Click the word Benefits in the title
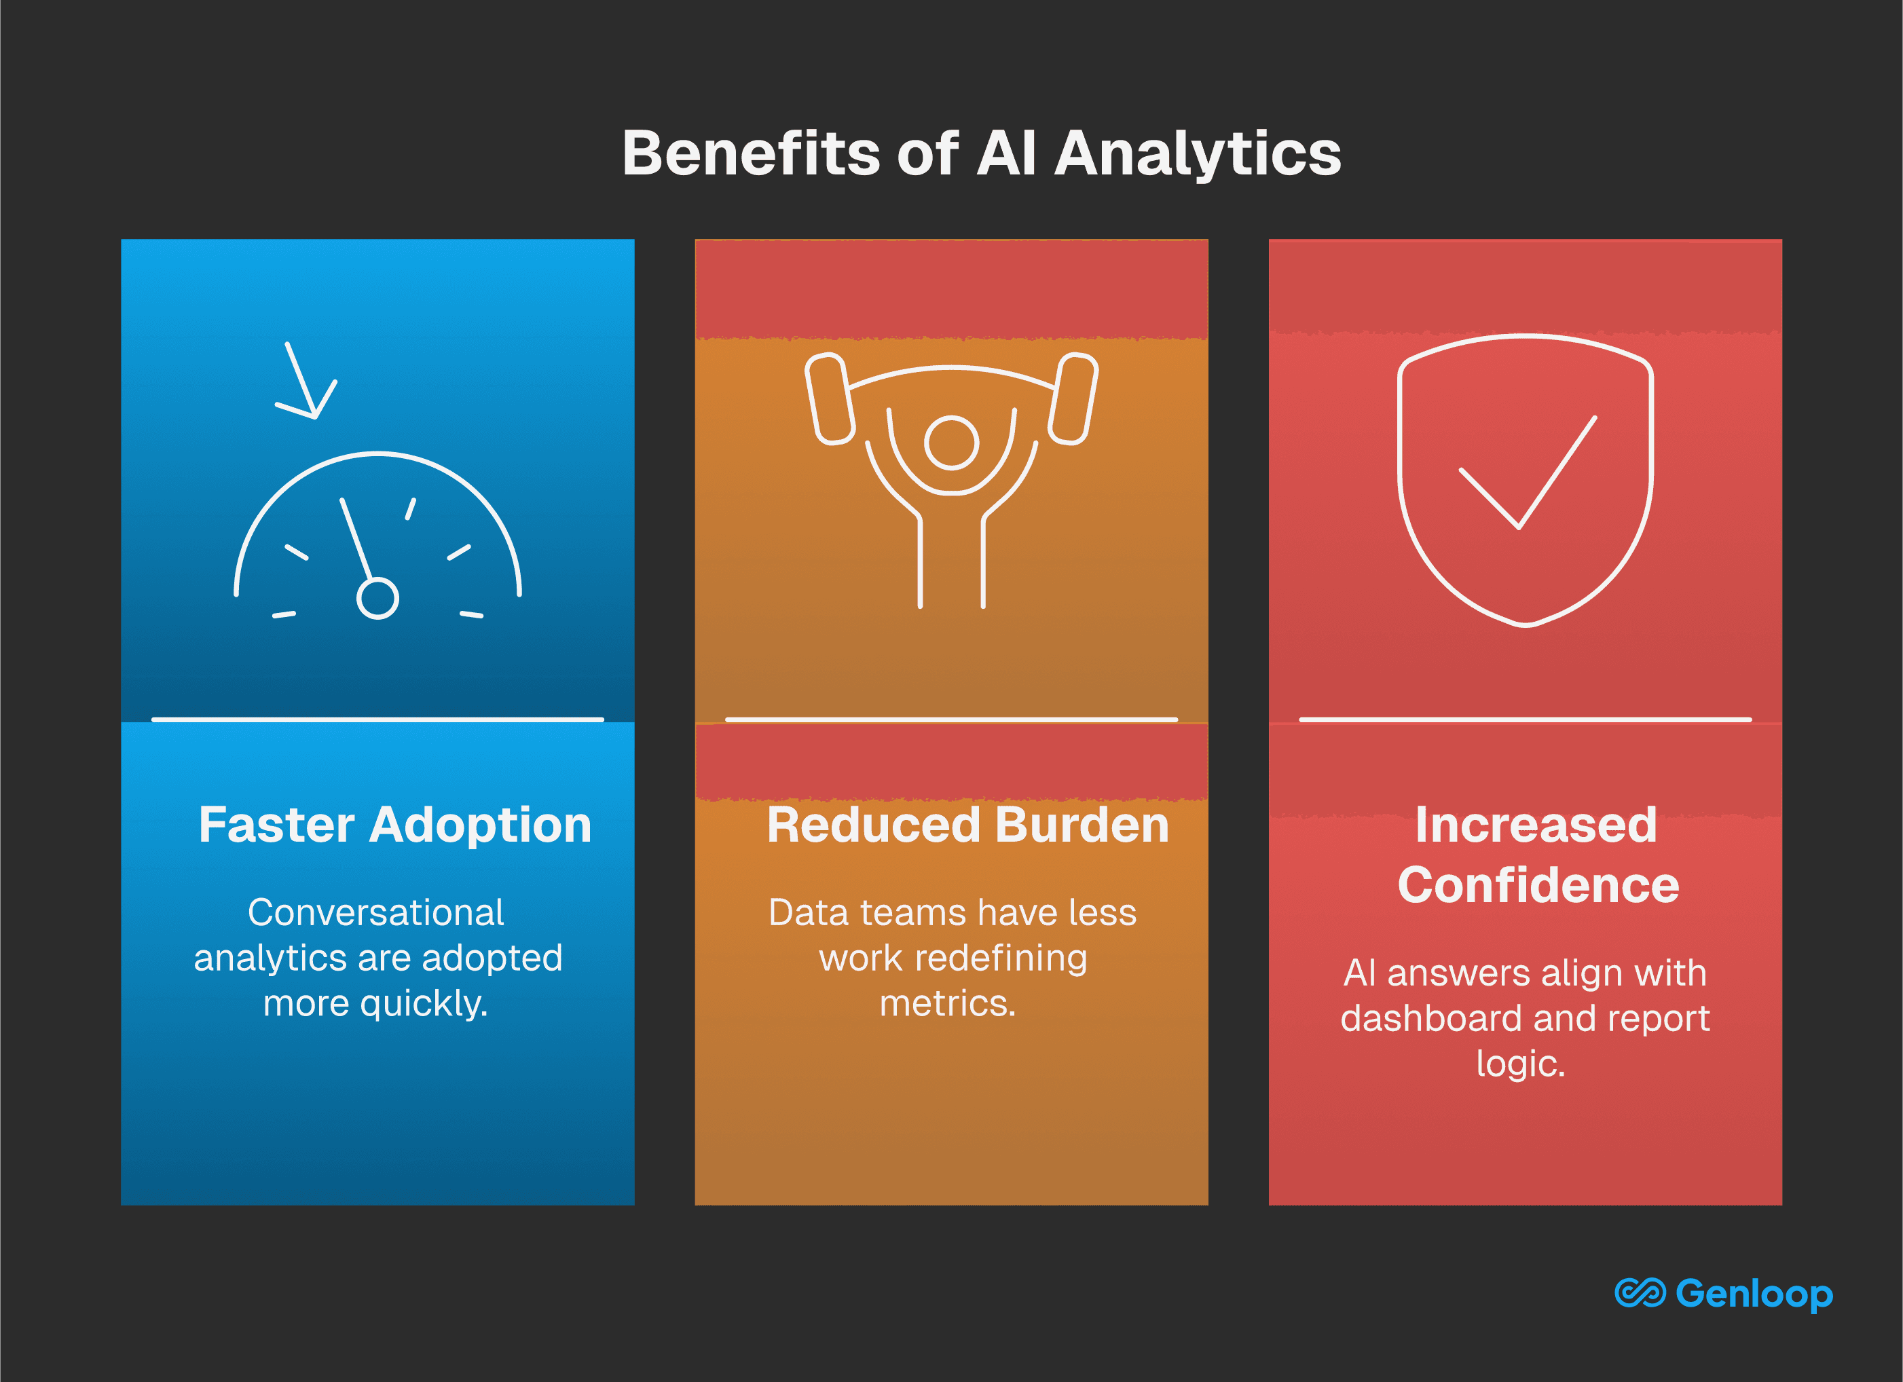point(750,153)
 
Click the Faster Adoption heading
point(395,825)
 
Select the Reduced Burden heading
point(967,825)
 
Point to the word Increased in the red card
point(1536,825)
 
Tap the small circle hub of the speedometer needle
point(377,598)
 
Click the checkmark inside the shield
point(1527,472)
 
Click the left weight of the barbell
point(829,398)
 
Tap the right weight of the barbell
point(1073,398)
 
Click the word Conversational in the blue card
point(376,912)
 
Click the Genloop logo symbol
point(1640,1293)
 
